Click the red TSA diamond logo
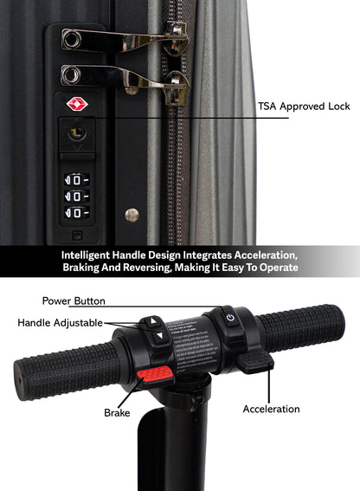pos(78,104)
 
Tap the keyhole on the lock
pos(75,132)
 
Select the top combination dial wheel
pos(77,180)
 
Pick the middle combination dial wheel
pos(77,197)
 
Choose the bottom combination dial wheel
pos(77,212)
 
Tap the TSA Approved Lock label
pos(303,107)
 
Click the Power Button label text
pos(74,300)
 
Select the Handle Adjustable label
pos(58,322)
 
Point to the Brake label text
pos(116,413)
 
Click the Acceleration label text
pos(271,409)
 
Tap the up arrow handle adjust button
pos(155,321)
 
